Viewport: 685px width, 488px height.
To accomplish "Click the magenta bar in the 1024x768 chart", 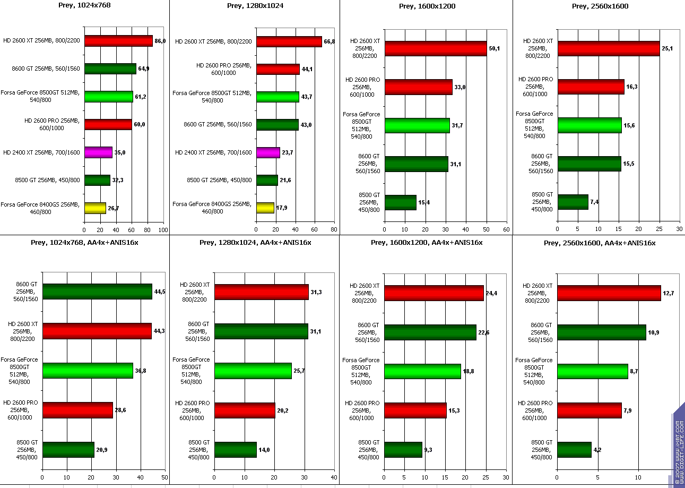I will coord(98,152).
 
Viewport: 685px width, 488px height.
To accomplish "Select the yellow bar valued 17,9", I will coord(265,208).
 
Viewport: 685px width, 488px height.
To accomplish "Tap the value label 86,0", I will coord(160,41).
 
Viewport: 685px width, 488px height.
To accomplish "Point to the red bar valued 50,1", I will coord(436,48).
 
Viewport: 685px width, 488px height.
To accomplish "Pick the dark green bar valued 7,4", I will coord(573,202).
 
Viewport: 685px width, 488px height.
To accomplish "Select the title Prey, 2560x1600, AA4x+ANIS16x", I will coord(599,243).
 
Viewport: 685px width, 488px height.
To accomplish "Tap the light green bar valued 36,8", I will coord(88,371).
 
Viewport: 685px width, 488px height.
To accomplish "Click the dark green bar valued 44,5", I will coord(97,292).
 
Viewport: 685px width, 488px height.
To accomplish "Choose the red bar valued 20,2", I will coord(245,410).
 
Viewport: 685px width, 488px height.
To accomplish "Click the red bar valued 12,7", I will coord(609,293).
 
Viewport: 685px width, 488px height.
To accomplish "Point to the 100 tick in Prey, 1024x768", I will coord(163,230).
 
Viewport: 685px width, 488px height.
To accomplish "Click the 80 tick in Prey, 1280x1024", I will coord(334,230).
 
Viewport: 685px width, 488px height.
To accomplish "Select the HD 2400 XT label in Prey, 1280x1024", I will coord(213,152).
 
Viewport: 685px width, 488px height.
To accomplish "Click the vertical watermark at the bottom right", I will coord(679,446).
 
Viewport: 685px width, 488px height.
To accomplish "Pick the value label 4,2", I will coord(597,450).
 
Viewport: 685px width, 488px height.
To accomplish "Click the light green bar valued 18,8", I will coord(422,371).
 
